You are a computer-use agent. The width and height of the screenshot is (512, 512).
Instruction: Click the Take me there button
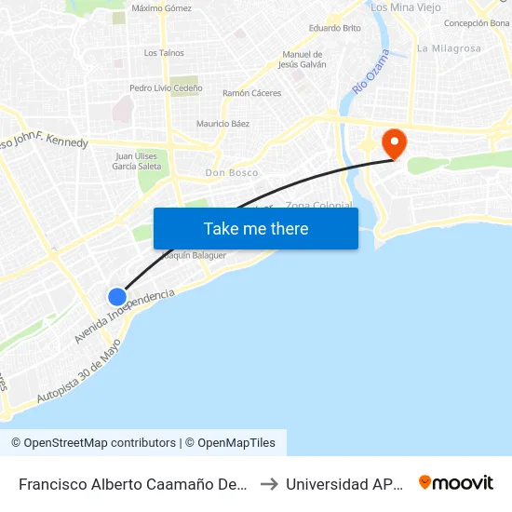point(256,228)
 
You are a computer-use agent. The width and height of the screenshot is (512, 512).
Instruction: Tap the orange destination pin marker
point(396,143)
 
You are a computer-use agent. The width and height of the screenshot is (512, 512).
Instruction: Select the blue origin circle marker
point(116,297)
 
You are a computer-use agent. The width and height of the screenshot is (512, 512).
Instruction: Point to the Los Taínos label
point(164,53)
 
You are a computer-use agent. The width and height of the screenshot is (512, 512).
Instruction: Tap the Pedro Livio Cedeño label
point(166,88)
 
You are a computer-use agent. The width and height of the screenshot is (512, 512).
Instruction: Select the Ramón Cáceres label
point(251,93)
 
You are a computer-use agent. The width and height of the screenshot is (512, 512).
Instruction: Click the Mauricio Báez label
point(222,124)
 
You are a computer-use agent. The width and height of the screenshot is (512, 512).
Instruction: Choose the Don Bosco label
point(232,173)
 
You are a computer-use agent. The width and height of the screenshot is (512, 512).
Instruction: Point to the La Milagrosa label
point(449,48)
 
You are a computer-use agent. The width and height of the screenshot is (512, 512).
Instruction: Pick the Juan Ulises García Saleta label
point(136,161)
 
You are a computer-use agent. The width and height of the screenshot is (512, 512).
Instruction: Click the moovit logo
point(455,483)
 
